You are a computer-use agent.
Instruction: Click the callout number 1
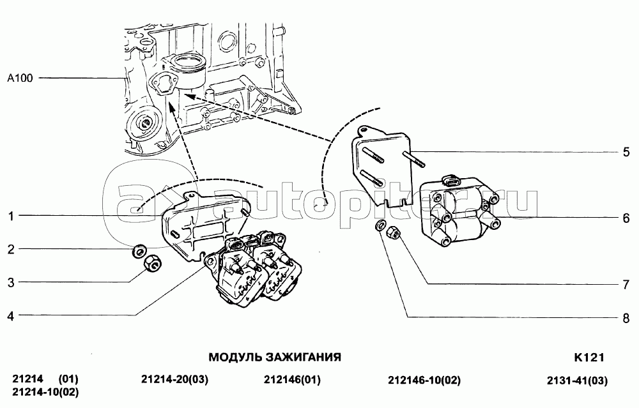click(12, 216)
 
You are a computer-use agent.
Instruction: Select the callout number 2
click(12, 250)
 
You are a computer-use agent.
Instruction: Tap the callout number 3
click(12, 282)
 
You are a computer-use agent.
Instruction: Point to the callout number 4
click(12, 315)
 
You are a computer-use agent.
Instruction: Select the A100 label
click(19, 79)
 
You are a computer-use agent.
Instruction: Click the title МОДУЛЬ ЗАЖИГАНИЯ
click(275, 357)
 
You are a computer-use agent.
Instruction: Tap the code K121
click(589, 357)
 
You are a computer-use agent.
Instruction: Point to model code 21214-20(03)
click(174, 381)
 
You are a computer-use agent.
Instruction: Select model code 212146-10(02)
click(424, 381)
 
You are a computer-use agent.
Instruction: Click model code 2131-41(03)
click(577, 381)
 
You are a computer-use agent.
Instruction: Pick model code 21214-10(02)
click(45, 393)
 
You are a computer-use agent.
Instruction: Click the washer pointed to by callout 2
click(137, 251)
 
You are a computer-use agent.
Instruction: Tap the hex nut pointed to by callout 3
click(151, 262)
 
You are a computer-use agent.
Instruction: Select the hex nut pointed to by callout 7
click(394, 232)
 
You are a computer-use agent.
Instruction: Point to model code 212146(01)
click(292, 381)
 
